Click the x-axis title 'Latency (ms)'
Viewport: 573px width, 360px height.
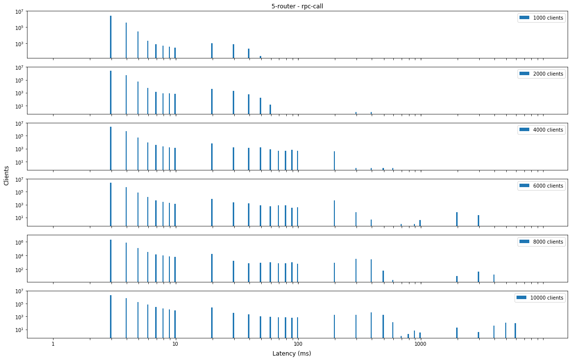coord(291,354)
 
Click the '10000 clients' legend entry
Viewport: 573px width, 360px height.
coord(540,298)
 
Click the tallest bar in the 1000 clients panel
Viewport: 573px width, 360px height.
coord(111,37)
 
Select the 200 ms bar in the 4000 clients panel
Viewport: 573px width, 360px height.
coord(334,161)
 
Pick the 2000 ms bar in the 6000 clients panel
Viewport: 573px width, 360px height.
coord(457,219)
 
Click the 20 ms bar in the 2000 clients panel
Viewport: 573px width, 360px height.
coord(212,101)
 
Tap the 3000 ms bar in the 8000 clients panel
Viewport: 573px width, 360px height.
coord(478,277)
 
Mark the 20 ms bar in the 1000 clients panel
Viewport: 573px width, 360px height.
coord(212,50)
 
